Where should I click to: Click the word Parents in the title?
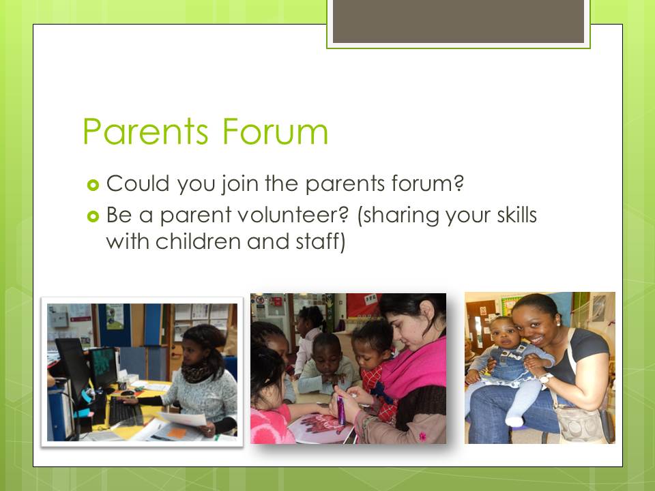pos(145,132)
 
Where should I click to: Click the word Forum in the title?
pos(275,132)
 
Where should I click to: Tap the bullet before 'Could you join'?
pos(93,185)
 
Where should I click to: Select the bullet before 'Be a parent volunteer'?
pos(93,216)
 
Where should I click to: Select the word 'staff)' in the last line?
pos(321,242)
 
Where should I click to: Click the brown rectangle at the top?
pos(458,21)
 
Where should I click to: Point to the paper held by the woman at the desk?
pos(183,419)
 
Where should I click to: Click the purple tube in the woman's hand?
pos(341,410)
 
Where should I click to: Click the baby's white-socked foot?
pos(514,419)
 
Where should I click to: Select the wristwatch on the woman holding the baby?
pos(544,378)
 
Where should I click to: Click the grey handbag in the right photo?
pos(581,423)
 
